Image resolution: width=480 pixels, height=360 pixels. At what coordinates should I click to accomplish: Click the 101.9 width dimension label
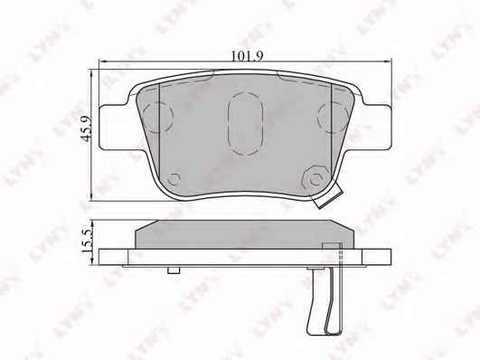[x=247, y=56]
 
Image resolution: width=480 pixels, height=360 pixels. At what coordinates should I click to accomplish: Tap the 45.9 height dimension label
[x=87, y=128]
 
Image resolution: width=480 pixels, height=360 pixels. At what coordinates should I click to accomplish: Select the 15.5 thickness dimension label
[x=87, y=242]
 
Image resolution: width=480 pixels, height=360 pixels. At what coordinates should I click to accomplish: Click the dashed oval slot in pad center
[x=246, y=123]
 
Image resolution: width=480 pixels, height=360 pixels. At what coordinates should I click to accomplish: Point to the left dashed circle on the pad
[x=158, y=117]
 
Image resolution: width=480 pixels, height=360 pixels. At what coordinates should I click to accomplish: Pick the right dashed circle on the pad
[x=333, y=117]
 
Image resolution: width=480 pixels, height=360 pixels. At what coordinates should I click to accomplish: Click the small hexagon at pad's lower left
[x=174, y=178]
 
